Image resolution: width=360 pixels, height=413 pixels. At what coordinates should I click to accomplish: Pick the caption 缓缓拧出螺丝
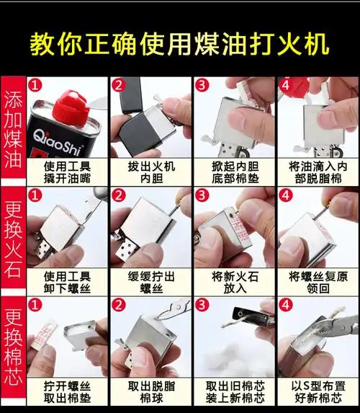tap(148, 281)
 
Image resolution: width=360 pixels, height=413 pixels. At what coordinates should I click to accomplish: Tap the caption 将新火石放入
tap(233, 281)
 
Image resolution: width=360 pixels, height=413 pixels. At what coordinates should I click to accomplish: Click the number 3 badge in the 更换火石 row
tap(202, 195)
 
